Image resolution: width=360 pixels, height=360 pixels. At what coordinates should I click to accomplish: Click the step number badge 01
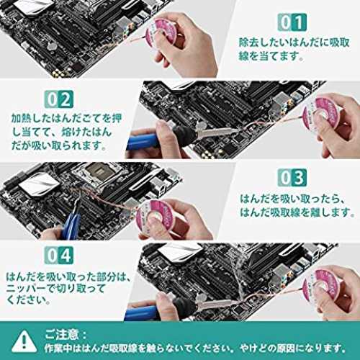tap(292, 22)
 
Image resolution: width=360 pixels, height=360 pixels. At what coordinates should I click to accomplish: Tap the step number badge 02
tap(59, 99)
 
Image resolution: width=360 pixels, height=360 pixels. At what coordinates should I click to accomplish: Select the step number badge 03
tap(292, 177)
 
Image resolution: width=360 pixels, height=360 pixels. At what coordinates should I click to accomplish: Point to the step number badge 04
tap(59, 255)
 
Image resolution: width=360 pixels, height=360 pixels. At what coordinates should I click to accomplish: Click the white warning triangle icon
tap(24, 341)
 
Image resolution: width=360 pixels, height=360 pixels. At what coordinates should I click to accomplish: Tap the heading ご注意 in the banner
tap(62, 334)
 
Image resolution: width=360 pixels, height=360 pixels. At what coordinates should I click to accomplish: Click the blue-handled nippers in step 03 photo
tap(71, 222)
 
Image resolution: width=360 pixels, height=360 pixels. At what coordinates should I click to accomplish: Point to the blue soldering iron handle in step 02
tap(143, 142)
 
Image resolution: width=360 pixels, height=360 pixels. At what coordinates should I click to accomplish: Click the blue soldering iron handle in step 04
tap(143, 312)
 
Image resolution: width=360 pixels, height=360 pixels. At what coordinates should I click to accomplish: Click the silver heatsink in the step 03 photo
tap(39, 185)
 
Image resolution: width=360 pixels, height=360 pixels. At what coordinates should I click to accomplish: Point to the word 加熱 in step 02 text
tap(22, 119)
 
